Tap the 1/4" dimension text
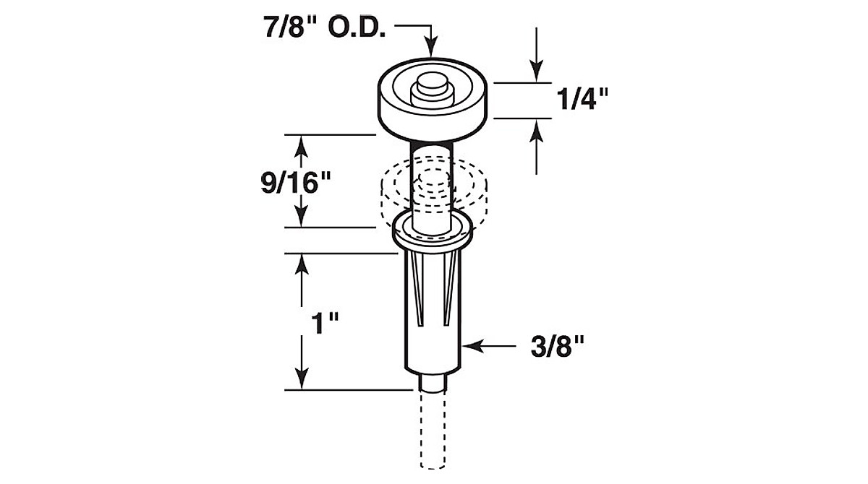[582, 99]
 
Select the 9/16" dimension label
[296, 183]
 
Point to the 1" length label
[325, 324]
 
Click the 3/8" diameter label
[557, 346]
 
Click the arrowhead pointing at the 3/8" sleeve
[473, 346]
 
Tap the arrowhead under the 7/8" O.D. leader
[431, 47]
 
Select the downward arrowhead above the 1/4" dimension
[536, 72]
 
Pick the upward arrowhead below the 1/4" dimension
[536, 130]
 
